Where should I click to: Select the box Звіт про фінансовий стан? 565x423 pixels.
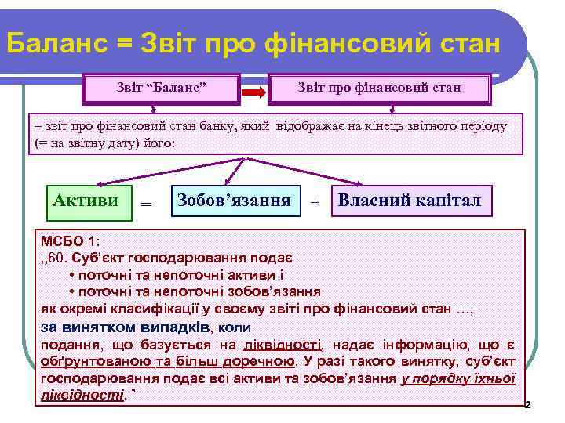(379, 87)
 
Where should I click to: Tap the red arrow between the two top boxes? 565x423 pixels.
(253, 92)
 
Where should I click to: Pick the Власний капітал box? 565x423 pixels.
(411, 200)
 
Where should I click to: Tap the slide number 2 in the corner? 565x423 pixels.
(527, 405)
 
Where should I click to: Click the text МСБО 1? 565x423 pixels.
(67, 240)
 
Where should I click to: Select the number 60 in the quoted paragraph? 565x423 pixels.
(61, 257)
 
